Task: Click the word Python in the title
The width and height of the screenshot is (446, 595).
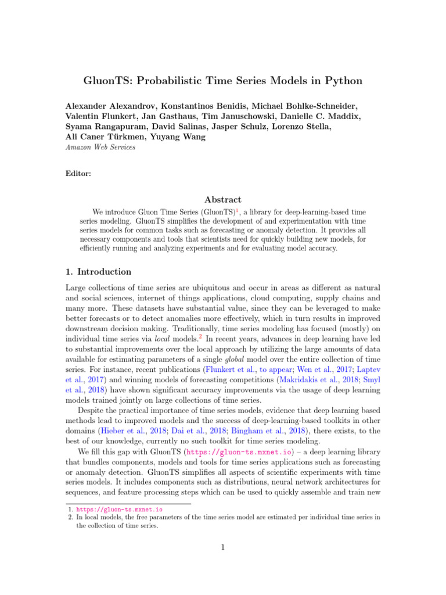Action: pyautogui.click(x=341, y=81)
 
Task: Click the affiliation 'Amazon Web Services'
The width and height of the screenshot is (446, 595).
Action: pyautogui.click(x=99, y=148)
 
